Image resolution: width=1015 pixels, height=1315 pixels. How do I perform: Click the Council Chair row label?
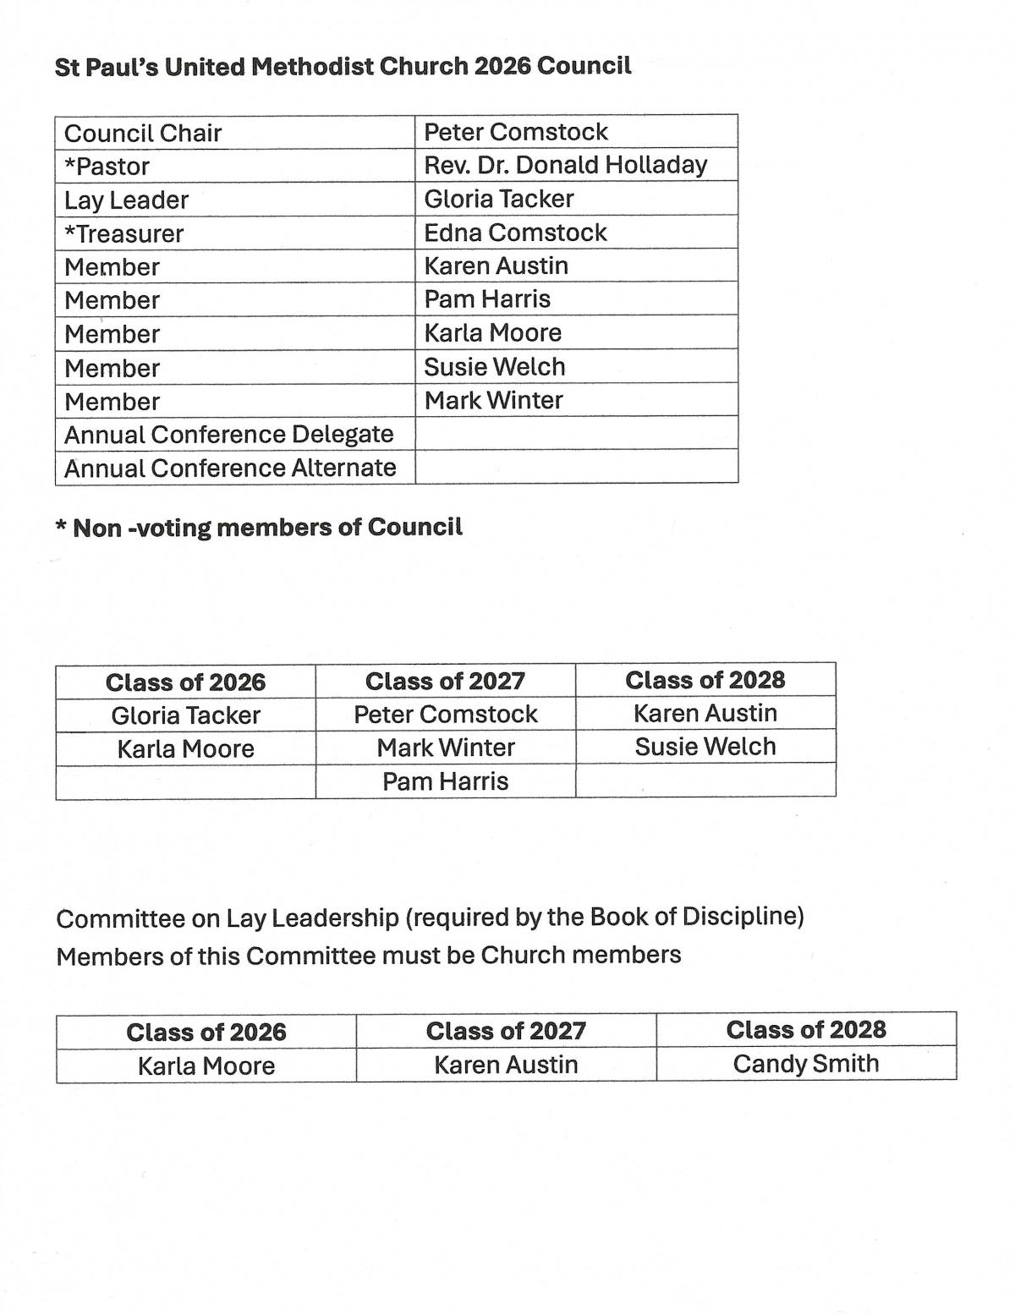point(143,133)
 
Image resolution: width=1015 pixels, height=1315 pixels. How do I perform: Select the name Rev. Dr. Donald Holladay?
point(565,165)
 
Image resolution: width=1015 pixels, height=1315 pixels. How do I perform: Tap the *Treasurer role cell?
point(124,233)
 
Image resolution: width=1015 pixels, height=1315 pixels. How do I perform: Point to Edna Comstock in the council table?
point(515,233)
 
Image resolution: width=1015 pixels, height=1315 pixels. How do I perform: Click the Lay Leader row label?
point(127,200)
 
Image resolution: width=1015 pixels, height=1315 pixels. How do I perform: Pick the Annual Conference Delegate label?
point(229,435)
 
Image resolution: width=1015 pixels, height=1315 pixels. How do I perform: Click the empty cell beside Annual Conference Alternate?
point(576,467)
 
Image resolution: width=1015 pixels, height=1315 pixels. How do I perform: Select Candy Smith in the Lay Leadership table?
point(805,1064)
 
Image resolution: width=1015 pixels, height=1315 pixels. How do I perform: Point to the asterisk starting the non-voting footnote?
point(61,528)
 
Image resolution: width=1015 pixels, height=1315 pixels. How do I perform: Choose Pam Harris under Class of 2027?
point(445,781)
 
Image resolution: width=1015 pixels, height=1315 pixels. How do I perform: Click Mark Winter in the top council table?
point(493,400)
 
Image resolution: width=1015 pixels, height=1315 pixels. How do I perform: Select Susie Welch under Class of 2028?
point(705,747)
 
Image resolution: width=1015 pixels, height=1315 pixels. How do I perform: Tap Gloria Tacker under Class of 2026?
point(185,715)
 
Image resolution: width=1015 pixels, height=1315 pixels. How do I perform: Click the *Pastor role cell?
point(107,167)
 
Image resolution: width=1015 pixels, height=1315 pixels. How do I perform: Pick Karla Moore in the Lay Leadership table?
point(206,1066)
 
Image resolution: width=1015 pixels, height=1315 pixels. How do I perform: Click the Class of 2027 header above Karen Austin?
point(506,1031)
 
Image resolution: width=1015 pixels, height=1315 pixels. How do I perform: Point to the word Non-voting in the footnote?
point(141,528)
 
